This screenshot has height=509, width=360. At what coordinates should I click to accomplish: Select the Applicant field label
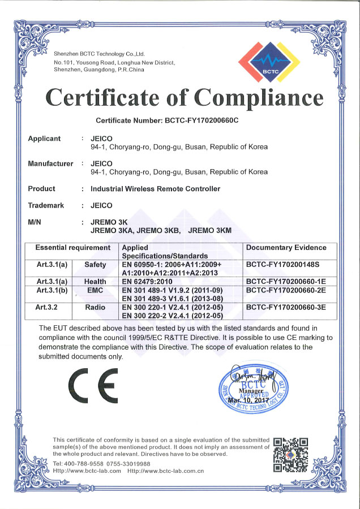coord(44,139)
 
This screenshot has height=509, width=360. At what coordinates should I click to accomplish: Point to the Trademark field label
coord(46,205)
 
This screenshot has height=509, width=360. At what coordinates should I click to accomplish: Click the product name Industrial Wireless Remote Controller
coord(155,189)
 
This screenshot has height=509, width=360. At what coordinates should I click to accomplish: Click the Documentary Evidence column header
coord(286,248)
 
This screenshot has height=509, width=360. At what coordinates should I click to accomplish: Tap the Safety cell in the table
coord(95,265)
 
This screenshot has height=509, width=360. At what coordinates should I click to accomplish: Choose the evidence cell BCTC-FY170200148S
coord(283,265)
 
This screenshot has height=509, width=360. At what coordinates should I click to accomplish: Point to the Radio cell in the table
coord(95,308)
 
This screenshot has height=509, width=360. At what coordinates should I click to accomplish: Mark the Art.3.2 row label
coord(52,308)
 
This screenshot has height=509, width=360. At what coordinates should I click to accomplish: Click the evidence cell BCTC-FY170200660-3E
coord(286,308)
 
